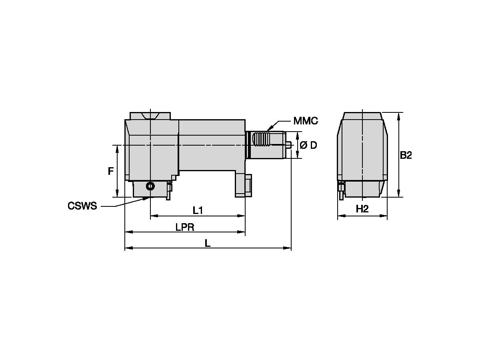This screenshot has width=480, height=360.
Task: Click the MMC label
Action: [305, 121]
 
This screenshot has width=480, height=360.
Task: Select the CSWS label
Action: [82, 206]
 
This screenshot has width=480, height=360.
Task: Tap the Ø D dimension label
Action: [308, 145]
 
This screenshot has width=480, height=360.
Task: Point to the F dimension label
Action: [110, 172]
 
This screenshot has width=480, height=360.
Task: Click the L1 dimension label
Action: [198, 210]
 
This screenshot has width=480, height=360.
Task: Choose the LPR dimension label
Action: [185, 227]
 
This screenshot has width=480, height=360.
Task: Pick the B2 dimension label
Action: [406, 155]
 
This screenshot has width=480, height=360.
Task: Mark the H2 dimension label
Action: [362, 209]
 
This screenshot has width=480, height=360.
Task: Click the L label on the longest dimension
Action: [208, 243]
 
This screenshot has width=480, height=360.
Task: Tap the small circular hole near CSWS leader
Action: [150, 186]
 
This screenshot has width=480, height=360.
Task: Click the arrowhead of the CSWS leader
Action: [148, 198]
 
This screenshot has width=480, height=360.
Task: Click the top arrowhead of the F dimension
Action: [117, 148]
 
